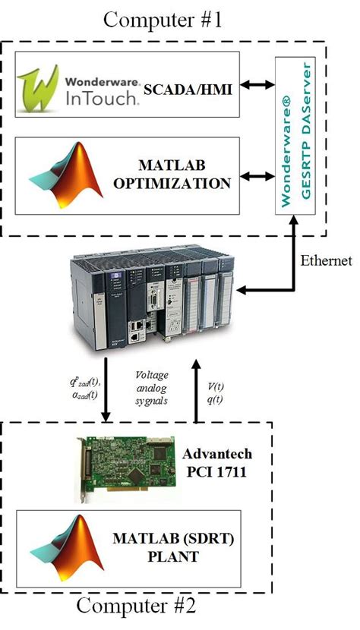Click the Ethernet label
325,262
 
